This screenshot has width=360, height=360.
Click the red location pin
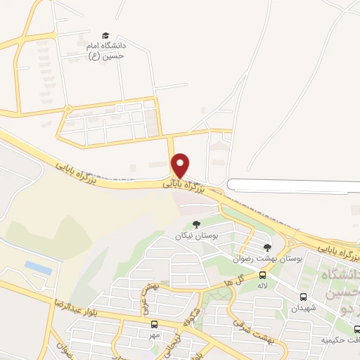(x=181, y=164)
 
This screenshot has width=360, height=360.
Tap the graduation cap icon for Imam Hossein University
(x=105, y=35)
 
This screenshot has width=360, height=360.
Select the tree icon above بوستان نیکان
(x=196, y=224)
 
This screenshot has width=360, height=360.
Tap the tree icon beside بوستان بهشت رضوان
(x=267, y=247)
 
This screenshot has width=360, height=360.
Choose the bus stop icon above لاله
(x=262, y=275)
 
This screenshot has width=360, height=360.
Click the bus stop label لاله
(x=262, y=286)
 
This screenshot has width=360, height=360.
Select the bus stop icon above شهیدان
(x=304, y=297)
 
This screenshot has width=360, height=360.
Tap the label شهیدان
(x=304, y=308)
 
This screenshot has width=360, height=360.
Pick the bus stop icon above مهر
(x=154, y=324)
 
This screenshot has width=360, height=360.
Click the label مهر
(x=155, y=335)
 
